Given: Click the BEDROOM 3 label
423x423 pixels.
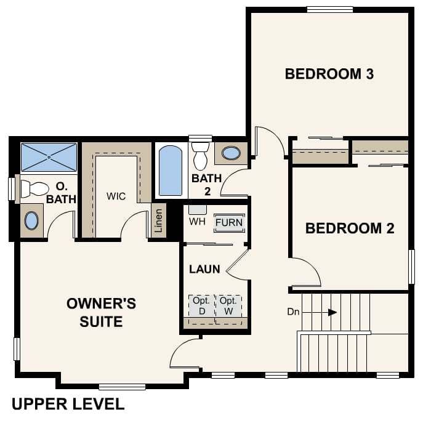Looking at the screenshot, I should (x=329, y=75).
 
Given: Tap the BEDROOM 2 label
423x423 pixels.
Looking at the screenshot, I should (x=350, y=228).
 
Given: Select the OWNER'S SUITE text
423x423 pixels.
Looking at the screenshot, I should (x=101, y=312).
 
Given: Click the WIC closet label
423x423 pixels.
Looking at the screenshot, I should (x=116, y=196).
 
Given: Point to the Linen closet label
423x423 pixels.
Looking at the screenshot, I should (x=159, y=220).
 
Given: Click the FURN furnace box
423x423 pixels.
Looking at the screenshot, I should (x=229, y=222).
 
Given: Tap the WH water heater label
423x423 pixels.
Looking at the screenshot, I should (x=196, y=221).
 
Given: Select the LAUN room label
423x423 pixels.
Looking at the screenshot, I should (x=204, y=269).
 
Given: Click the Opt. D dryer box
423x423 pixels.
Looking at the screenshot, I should (x=201, y=306).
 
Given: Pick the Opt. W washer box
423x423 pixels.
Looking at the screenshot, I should (x=228, y=306).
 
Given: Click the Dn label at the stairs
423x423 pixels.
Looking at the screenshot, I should (x=293, y=312).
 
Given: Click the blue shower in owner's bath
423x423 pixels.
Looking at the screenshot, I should (x=49, y=157).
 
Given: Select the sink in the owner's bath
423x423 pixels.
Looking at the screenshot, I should (x=32, y=220).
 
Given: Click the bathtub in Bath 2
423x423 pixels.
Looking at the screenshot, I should (x=171, y=171).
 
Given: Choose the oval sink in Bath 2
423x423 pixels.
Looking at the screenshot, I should (x=231, y=153).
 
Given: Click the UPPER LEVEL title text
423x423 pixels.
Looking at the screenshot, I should (x=68, y=405).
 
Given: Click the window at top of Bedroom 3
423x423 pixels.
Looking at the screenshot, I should (x=330, y=9).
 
